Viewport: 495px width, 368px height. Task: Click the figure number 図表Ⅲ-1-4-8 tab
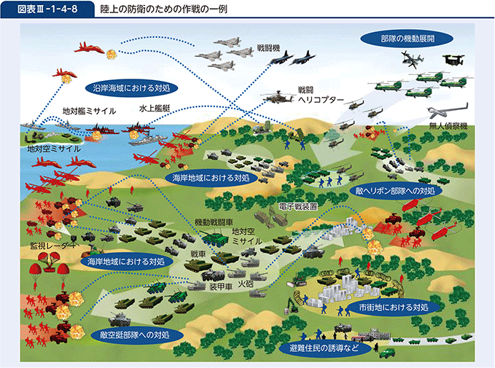point(47,9)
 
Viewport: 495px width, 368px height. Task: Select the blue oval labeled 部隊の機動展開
point(407,39)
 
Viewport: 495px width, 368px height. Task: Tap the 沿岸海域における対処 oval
point(131,87)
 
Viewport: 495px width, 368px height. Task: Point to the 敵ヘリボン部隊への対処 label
point(395,191)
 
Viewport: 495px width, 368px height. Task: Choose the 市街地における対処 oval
point(394,307)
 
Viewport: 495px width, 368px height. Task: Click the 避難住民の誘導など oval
point(324,348)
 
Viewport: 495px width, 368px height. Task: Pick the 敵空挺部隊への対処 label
point(135,334)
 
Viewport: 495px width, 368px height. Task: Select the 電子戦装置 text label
point(298,207)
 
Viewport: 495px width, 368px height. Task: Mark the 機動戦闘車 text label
point(214,222)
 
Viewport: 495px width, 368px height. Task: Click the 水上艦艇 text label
point(155,109)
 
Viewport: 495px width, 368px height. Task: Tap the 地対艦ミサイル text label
point(89,111)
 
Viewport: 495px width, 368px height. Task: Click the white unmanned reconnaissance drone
point(448,110)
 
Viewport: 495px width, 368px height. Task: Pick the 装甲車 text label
point(221,287)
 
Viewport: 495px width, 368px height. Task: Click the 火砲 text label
point(246,283)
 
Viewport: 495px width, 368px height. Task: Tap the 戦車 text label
point(198,254)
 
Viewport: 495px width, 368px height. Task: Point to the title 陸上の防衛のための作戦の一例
point(164,9)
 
